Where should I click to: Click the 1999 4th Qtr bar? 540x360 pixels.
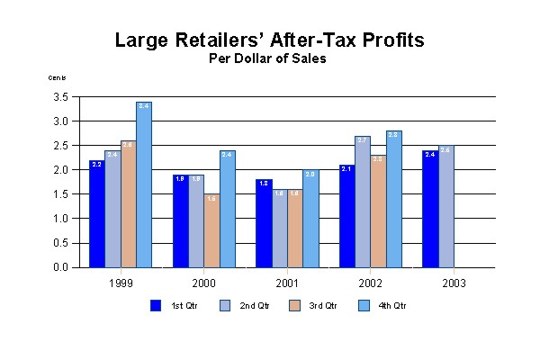click(x=144, y=184)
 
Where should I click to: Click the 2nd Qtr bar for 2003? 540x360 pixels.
click(x=445, y=206)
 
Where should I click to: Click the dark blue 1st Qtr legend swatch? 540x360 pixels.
click(x=156, y=305)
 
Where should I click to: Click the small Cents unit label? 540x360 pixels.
click(x=57, y=78)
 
